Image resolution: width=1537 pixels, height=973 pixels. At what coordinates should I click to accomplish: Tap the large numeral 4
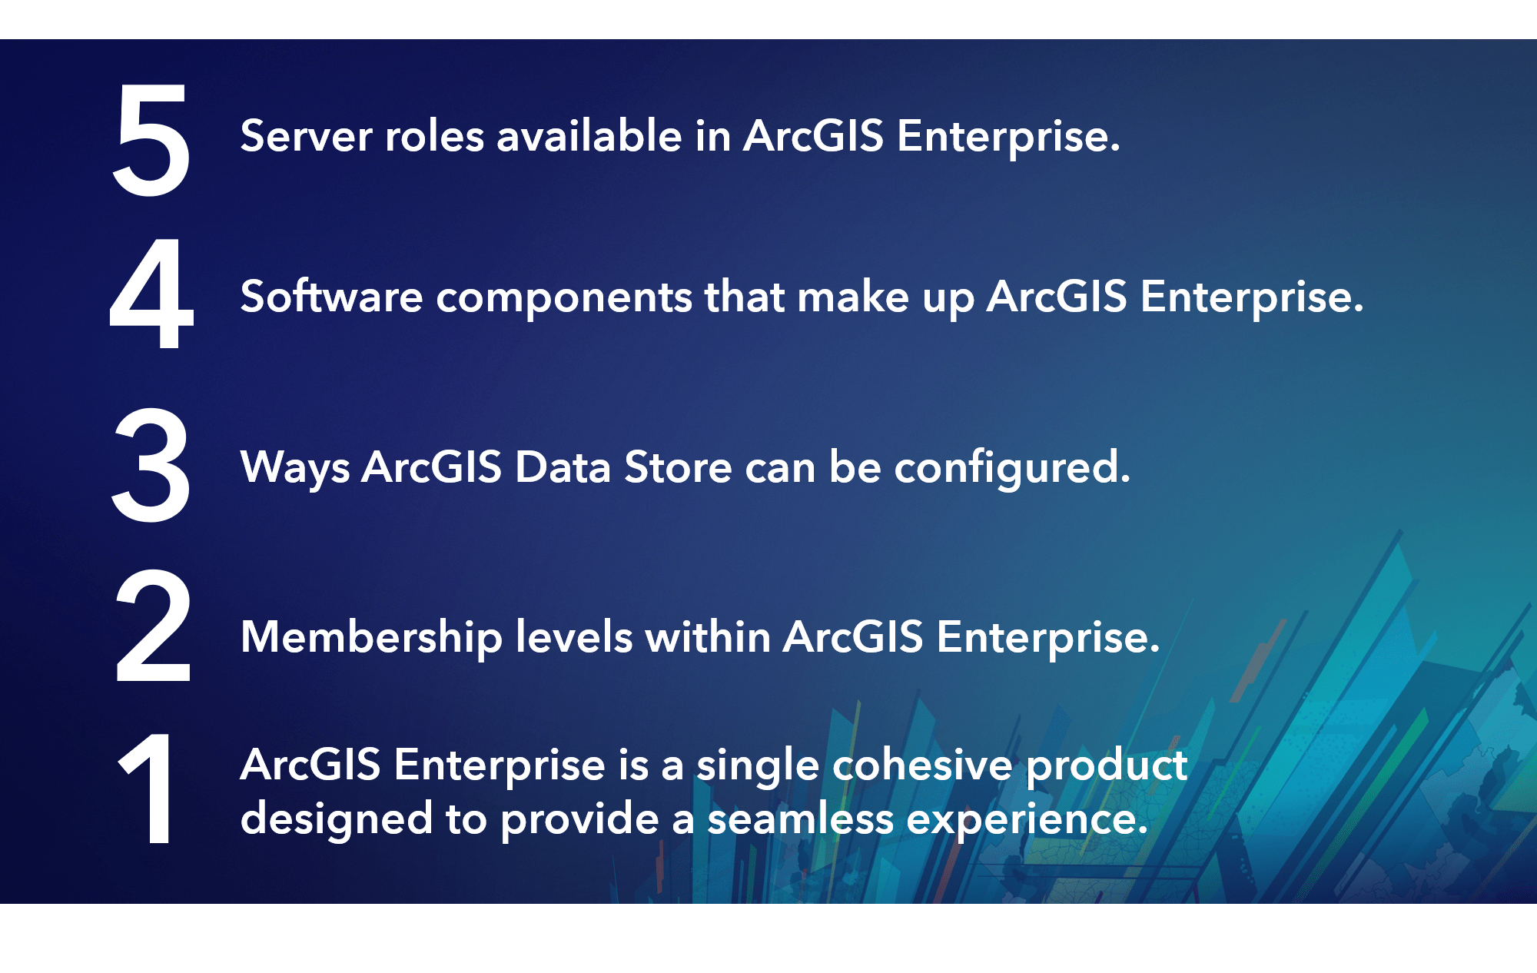[x=151, y=293]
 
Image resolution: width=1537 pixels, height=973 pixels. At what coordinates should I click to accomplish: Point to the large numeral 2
[x=152, y=626]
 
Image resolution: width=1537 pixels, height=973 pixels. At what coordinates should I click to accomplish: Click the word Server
[x=307, y=136]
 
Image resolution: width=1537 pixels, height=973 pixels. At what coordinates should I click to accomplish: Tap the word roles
[x=434, y=136]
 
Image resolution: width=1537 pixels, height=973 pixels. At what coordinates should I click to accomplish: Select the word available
[x=589, y=136]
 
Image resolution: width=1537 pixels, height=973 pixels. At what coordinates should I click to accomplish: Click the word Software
[x=332, y=297]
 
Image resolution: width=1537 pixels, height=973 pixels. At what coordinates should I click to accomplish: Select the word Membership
[x=372, y=638]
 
